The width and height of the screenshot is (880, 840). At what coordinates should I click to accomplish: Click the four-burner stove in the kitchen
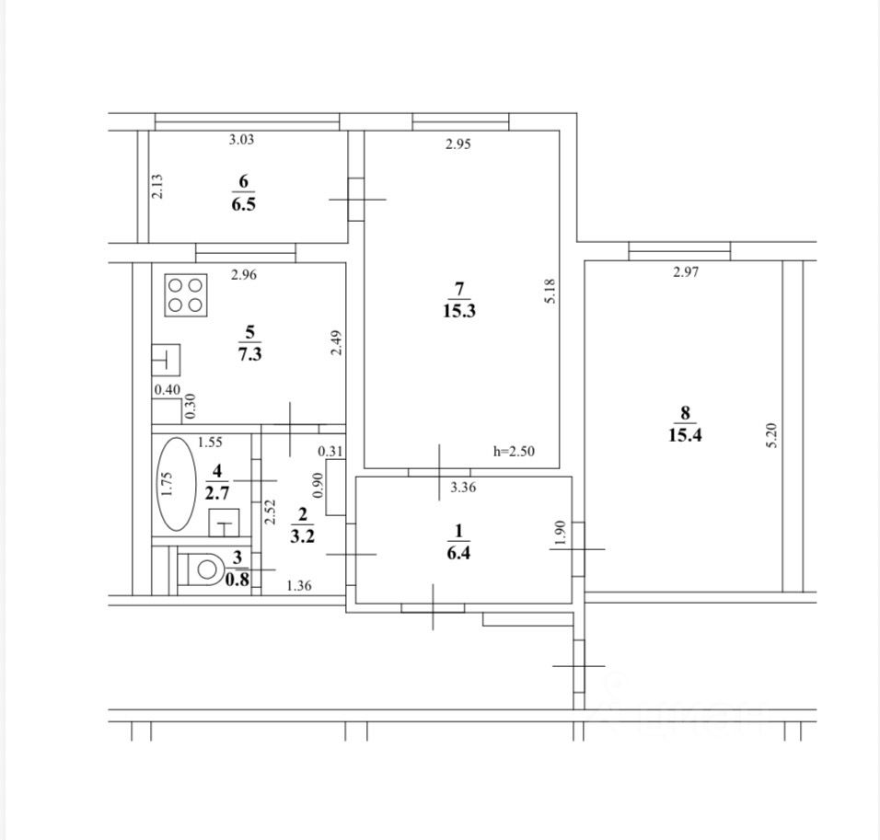tap(186, 295)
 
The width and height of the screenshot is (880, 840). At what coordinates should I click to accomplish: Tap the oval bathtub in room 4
tap(177, 484)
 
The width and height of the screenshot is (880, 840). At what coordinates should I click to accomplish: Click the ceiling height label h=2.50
tap(514, 451)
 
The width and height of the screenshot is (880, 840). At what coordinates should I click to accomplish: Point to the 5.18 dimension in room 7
tap(550, 292)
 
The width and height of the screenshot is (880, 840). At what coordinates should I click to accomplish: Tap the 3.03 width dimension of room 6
tap(241, 140)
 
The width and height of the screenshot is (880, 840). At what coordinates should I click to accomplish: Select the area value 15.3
tap(459, 311)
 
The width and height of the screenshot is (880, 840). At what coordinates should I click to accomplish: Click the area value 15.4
tap(685, 435)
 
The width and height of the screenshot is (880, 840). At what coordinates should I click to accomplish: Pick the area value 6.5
tap(244, 203)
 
